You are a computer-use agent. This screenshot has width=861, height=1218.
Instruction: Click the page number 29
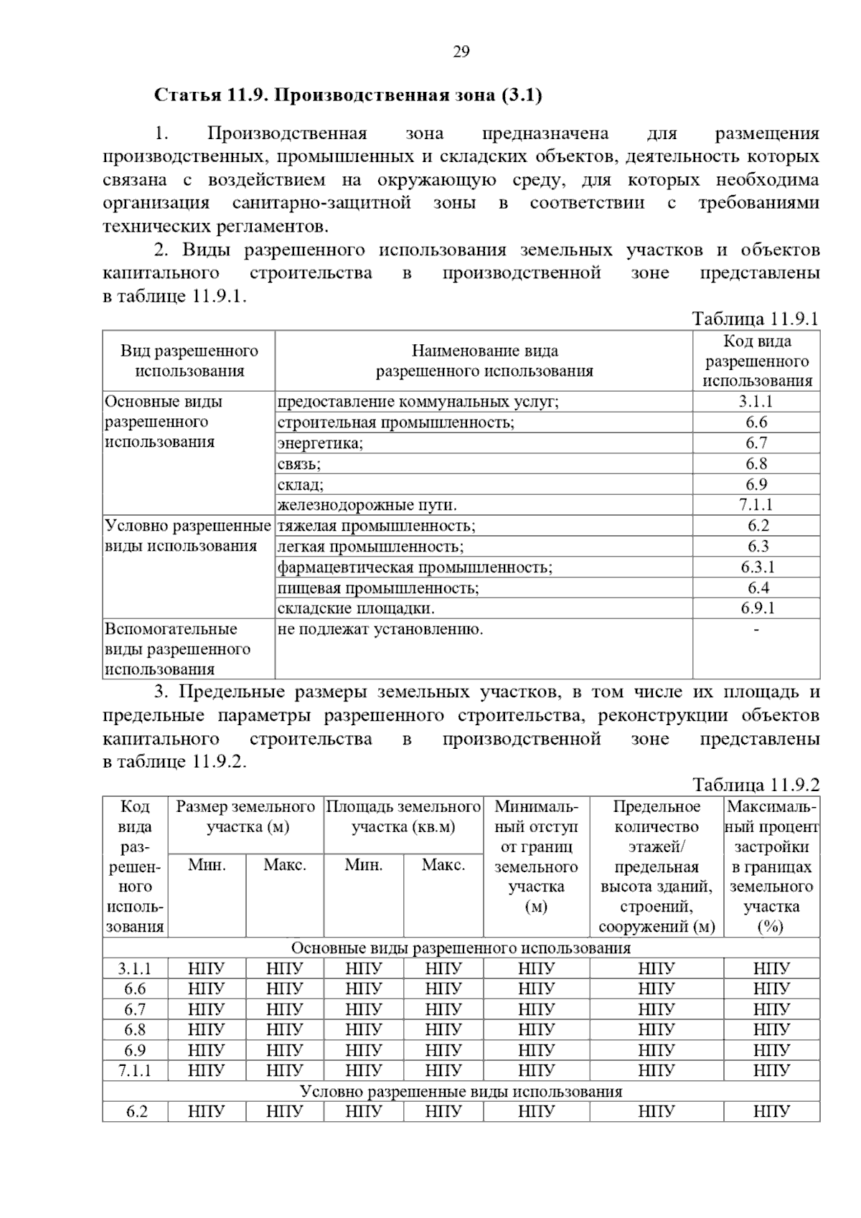461,52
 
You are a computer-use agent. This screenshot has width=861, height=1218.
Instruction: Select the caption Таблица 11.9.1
755,318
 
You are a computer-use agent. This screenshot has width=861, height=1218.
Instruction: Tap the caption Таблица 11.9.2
756,785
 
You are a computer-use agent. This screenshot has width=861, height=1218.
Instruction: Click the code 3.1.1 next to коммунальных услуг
756,402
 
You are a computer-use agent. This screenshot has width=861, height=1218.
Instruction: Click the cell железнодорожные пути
367,505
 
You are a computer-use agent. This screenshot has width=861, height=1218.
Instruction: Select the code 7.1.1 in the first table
756,505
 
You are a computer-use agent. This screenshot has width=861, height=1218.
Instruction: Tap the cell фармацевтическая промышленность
415,567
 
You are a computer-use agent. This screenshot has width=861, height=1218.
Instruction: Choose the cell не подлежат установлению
380,630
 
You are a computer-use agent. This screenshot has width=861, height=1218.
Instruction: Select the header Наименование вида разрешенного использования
484,361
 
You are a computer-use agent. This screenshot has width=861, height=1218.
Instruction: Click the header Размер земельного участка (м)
246,817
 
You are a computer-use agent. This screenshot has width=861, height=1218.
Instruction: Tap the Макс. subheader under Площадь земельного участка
443,865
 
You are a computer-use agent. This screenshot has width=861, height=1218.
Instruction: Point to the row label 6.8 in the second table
135,1029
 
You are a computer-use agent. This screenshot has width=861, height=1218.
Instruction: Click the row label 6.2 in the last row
136,1112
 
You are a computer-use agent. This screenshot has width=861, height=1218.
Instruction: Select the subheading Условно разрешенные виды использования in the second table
461,1092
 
